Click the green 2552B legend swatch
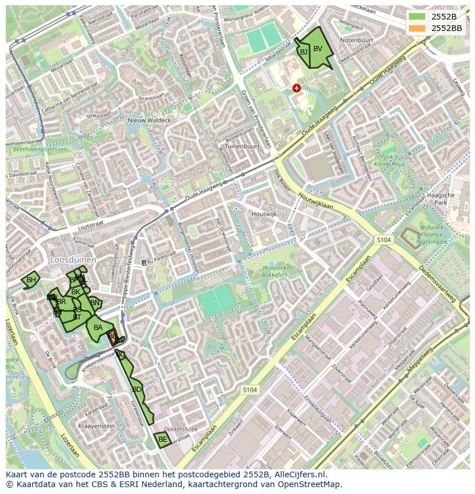coord(417,17)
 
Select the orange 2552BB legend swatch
coord(417,28)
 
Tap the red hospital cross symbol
coord(296,88)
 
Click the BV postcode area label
coord(318,49)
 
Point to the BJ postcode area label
coord(303,52)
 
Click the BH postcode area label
coord(31,280)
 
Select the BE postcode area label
coord(162,439)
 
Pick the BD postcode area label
coord(137,390)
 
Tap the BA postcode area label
coord(98,328)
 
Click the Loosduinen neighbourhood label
coord(72,259)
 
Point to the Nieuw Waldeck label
coord(149,120)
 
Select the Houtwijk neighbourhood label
coord(263,214)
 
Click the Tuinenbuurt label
coord(243,146)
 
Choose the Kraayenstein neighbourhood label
coord(96,426)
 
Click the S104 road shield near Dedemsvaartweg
coord(384,239)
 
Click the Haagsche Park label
coord(441,199)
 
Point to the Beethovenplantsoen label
coord(37,149)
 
